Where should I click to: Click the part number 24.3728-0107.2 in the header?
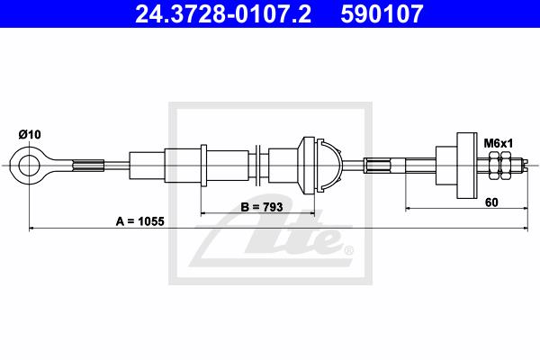223,13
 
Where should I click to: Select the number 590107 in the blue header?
382,13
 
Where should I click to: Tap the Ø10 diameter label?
30,134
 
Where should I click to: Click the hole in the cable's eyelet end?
29,166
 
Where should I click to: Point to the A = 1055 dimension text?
140,221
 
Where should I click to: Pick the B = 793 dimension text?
262,207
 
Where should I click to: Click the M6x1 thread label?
499,143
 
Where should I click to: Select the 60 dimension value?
491,202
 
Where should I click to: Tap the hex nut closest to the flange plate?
493,166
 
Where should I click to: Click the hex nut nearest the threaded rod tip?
505,166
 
